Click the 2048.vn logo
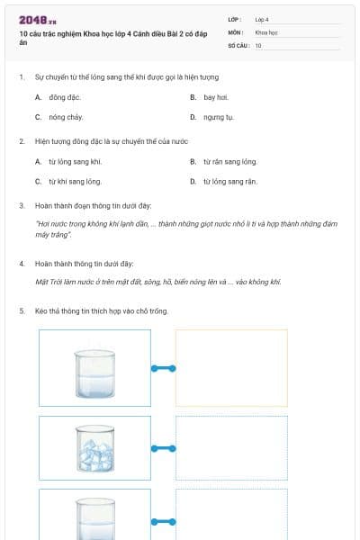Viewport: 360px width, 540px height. [x=37, y=20]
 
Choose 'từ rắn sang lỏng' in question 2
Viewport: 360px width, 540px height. [x=229, y=162]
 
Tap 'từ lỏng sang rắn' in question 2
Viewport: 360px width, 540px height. [x=229, y=182]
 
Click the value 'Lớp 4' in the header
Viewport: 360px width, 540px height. [x=262, y=19]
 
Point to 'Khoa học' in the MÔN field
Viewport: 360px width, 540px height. [x=265, y=31]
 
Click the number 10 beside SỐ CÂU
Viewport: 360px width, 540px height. [x=258, y=45]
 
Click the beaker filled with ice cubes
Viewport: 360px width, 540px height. [x=94, y=447]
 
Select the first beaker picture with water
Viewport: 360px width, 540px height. [x=94, y=368]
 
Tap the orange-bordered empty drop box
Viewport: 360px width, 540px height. [x=231, y=368]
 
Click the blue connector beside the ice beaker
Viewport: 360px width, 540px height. [x=163, y=448]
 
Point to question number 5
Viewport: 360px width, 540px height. [x=22, y=311]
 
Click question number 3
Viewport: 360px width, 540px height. [x=22, y=205]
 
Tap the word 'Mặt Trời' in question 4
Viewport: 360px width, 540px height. [x=48, y=282]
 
